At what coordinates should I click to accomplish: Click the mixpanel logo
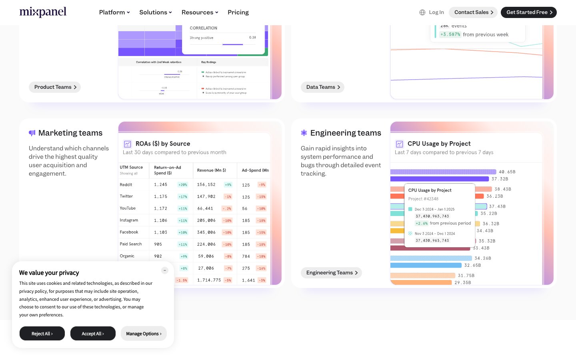43,12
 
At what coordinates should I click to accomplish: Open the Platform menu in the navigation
114,12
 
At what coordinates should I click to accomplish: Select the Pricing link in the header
238,12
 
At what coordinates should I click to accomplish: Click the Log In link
436,12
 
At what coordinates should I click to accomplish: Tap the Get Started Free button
528,12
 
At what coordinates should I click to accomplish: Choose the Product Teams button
55,87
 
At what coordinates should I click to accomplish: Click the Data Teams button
322,87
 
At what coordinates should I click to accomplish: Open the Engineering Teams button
331,273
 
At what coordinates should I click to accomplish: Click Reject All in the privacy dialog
42,334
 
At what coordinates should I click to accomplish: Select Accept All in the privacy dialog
93,334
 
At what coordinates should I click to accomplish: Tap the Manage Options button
144,334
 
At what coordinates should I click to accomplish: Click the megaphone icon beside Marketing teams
32,133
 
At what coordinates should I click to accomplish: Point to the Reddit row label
126,185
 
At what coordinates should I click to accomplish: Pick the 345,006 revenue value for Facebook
206,232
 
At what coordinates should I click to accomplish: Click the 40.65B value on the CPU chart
507,172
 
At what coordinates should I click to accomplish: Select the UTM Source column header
131,167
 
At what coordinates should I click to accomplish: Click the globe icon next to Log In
422,12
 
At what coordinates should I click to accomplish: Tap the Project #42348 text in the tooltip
423,199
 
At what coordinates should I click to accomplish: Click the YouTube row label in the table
128,208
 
